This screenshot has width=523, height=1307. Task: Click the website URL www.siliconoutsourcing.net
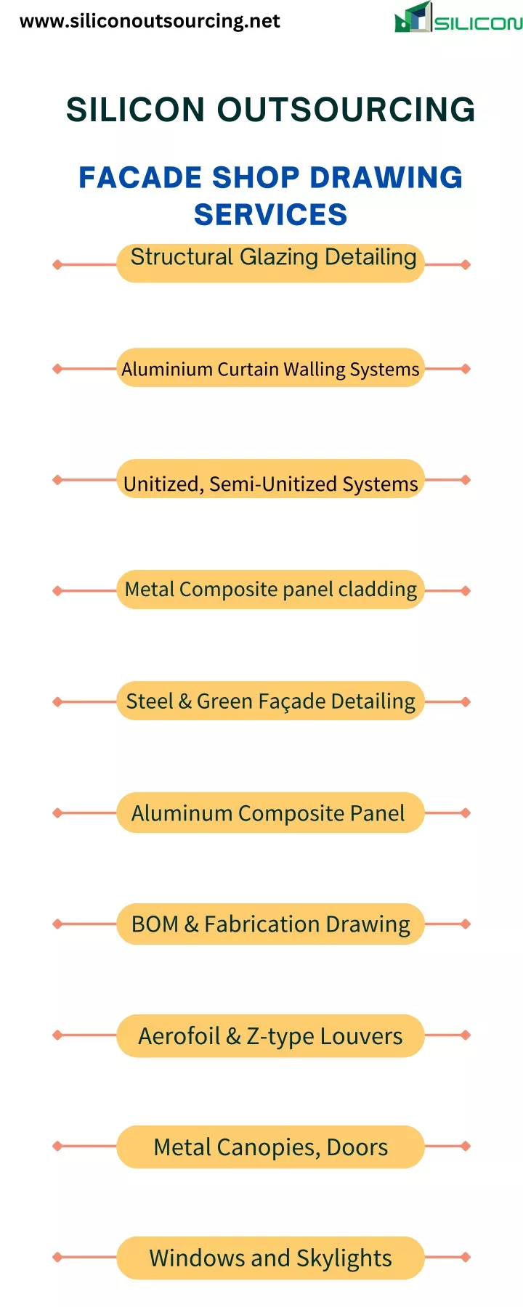tap(150, 21)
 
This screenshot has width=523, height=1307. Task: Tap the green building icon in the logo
tap(413, 17)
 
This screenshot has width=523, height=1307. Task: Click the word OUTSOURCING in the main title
tap(346, 110)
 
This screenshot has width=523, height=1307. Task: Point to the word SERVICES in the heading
tap(270, 215)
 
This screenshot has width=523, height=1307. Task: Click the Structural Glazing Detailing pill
tap(270, 263)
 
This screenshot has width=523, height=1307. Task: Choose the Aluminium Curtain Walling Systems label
tap(270, 369)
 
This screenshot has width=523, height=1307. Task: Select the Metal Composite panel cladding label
tap(270, 590)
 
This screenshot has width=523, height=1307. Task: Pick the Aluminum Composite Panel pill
tap(270, 813)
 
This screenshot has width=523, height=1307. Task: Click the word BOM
tap(155, 924)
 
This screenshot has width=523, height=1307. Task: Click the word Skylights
tap(344, 1258)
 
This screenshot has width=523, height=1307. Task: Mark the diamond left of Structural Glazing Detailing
tap(57, 264)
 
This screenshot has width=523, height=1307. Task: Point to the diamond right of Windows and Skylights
tap(466, 1257)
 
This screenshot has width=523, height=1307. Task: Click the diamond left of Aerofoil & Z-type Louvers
tap(57, 1035)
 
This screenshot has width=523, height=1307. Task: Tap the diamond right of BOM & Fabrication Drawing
tap(466, 924)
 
